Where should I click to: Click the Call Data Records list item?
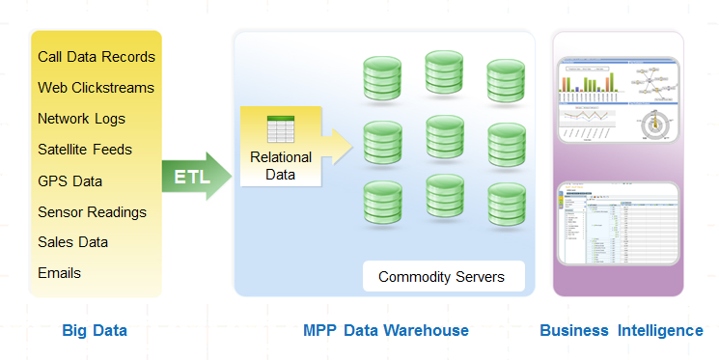tap(97, 57)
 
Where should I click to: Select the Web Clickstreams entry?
tap(96, 88)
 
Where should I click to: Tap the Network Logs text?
tap(81, 119)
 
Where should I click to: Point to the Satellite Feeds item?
tap(85, 150)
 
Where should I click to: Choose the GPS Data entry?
tap(69, 180)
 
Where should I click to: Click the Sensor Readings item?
tap(92, 211)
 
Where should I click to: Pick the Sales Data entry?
tap(72, 242)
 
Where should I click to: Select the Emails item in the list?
tap(59, 273)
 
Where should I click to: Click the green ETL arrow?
tap(196, 178)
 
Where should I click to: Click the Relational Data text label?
tap(281, 165)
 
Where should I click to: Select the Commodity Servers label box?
tap(441, 277)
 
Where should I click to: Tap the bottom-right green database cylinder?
tap(506, 204)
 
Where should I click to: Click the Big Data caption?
tap(95, 331)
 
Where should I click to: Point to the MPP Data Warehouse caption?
tap(386, 331)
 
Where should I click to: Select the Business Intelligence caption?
tap(621, 331)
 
